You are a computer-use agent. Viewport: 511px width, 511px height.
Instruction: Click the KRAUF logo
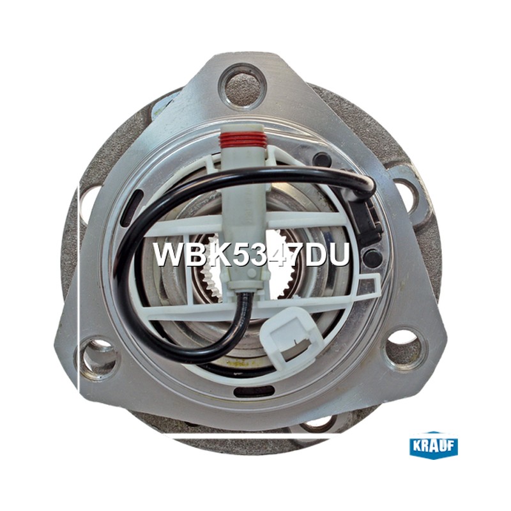434,445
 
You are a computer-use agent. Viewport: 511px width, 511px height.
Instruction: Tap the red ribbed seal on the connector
241,139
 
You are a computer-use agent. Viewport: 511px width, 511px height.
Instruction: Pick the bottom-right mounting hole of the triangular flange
404,347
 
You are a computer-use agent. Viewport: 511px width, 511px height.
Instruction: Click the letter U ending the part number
339,254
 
